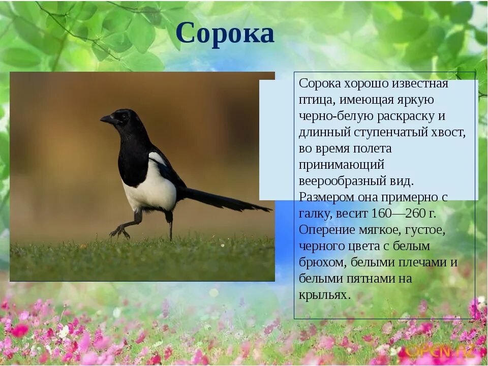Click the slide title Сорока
[x=225, y=34]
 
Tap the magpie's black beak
[x=107, y=119]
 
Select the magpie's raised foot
[x=119, y=232]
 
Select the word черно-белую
[x=336, y=116]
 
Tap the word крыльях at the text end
[x=324, y=295]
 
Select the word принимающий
[x=341, y=165]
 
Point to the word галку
[x=316, y=213]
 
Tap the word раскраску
[x=404, y=116]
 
